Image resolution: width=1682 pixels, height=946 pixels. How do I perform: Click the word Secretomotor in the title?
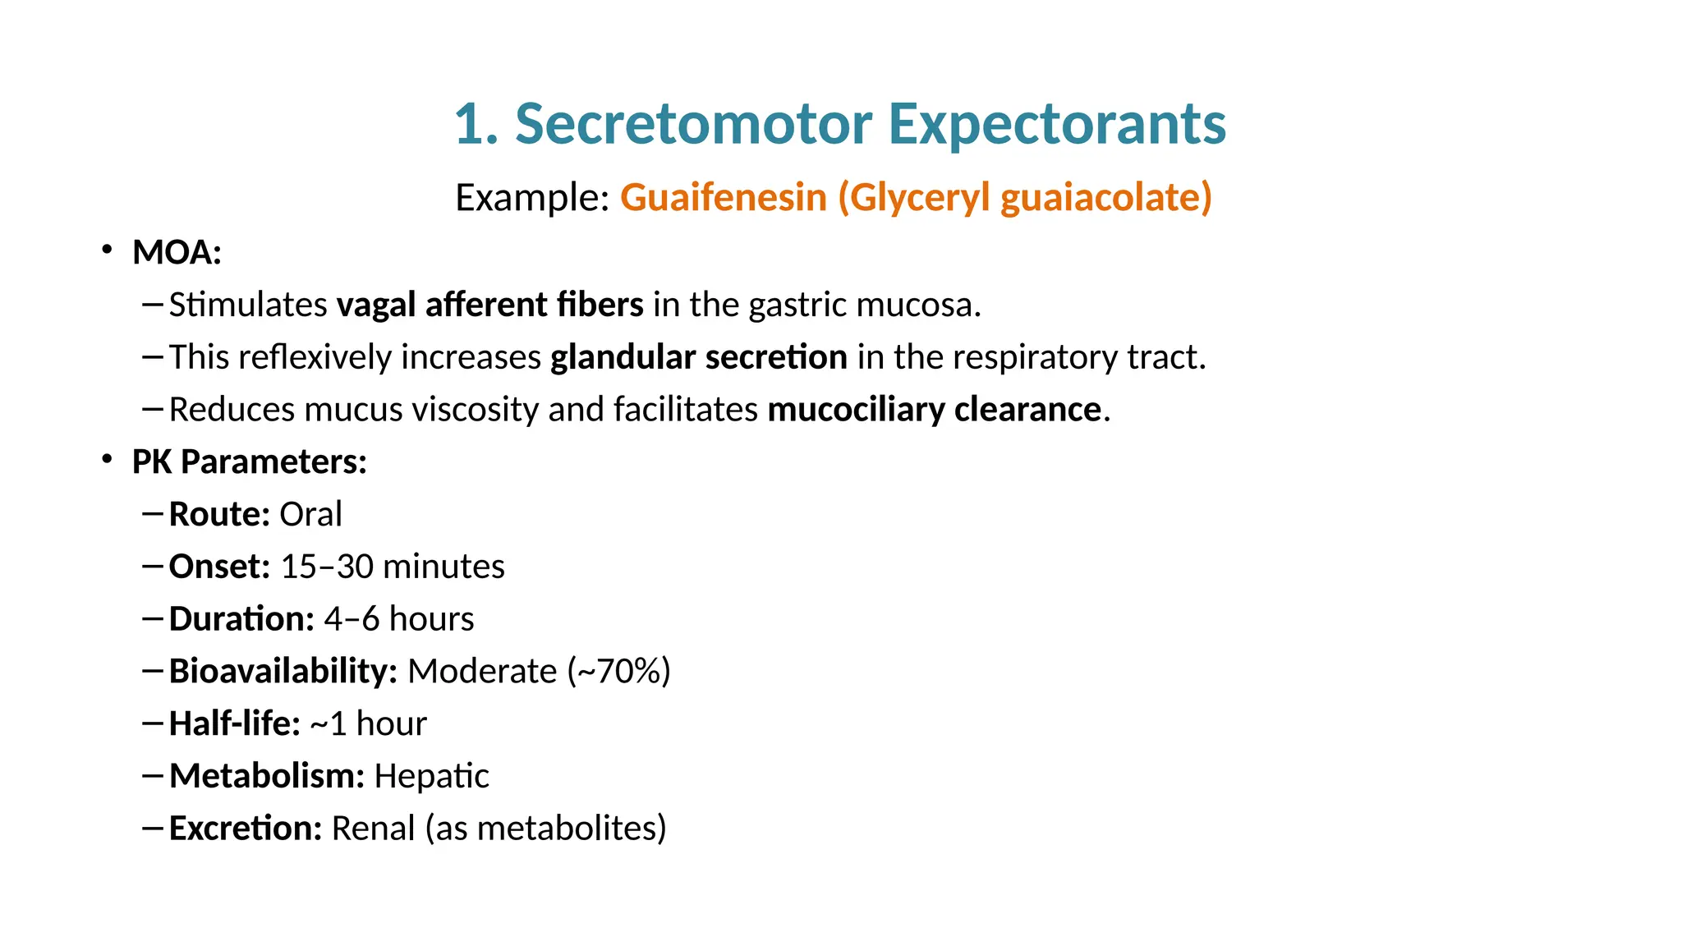(x=692, y=124)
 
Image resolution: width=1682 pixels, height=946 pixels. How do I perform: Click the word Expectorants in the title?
(x=1057, y=124)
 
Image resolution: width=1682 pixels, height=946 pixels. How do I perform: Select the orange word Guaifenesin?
(x=723, y=198)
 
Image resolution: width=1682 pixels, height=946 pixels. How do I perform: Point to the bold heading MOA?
(x=177, y=252)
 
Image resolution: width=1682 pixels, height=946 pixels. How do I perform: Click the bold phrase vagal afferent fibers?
(x=489, y=305)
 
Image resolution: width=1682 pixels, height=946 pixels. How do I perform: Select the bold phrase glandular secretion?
(x=698, y=357)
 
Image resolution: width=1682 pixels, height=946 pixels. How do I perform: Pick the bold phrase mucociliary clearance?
(x=934, y=409)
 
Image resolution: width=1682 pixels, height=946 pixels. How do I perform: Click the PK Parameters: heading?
(x=249, y=462)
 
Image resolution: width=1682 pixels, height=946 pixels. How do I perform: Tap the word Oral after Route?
(x=310, y=514)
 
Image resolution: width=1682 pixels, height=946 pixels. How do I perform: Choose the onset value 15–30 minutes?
(x=392, y=567)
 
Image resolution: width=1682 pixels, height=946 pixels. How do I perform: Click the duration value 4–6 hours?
(x=398, y=619)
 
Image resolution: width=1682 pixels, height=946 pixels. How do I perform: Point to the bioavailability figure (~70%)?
(x=618, y=671)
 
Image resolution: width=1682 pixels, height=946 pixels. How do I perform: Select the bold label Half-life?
(x=235, y=723)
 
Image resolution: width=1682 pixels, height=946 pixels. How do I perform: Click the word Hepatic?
(x=431, y=776)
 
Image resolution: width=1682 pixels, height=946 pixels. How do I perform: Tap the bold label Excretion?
(x=246, y=828)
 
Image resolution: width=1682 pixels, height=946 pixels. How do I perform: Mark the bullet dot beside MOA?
(x=107, y=250)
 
